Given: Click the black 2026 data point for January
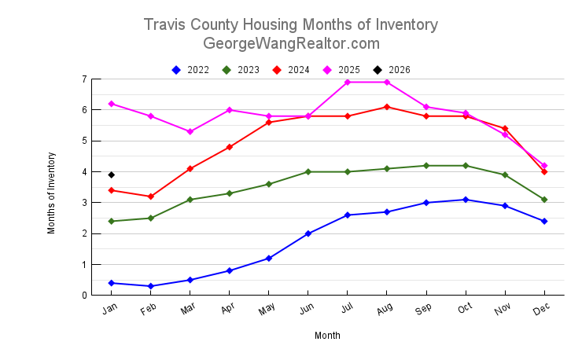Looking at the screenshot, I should [x=112, y=174].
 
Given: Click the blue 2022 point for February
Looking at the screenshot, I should [x=151, y=286].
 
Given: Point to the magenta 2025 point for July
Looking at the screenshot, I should [x=348, y=83].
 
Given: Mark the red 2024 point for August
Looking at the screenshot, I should [x=387, y=107].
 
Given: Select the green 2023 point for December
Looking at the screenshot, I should [x=544, y=200].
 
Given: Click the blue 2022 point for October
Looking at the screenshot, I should [x=466, y=200].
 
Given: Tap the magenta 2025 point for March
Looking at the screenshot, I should [x=190, y=131].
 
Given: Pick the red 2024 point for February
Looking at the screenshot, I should [x=151, y=197].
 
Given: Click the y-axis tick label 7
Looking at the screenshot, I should [x=83, y=79].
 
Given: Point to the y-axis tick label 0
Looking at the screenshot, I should [x=83, y=296].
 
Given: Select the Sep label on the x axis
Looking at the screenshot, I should [x=424, y=310].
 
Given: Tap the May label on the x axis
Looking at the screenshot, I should [x=266, y=310].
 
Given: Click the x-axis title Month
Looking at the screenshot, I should [x=327, y=336].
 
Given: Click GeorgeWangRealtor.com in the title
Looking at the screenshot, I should [x=291, y=44].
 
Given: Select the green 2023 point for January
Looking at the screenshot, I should [x=112, y=221].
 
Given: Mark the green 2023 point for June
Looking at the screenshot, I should [x=308, y=171].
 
